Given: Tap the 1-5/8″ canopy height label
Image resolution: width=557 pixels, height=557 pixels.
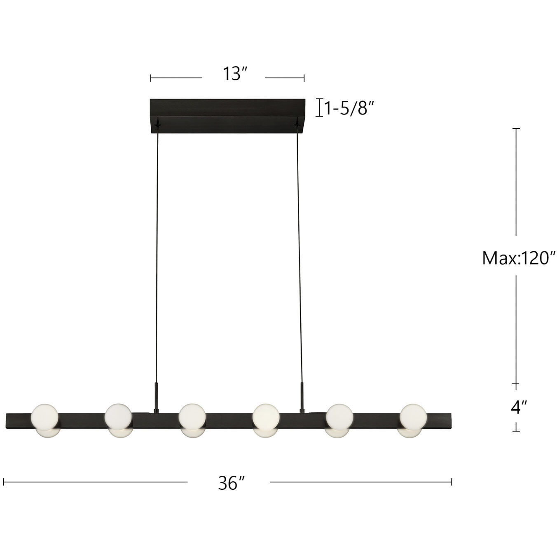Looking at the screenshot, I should click(x=349, y=108).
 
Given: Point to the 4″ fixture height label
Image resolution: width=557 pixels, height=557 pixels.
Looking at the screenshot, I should click(x=518, y=407).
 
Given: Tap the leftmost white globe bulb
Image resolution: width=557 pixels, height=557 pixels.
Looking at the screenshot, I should click(x=45, y=417).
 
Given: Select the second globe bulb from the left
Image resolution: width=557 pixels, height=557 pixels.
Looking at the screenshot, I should click(x=118, y=417).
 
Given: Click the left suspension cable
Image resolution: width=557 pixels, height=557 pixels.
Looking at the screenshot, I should click(x=157, y=255).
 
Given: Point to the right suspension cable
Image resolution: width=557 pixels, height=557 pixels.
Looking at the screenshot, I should click(x=299, y=255).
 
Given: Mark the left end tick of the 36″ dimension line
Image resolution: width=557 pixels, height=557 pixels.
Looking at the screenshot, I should click(x=4, y=482).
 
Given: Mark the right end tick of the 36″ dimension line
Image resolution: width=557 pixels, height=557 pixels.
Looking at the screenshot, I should click(x=452, y=482).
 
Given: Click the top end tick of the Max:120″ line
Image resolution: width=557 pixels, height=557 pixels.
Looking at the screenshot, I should click(x=516, y=129).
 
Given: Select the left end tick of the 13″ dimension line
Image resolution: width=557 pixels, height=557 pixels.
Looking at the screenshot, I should click(x=151, y=78).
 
